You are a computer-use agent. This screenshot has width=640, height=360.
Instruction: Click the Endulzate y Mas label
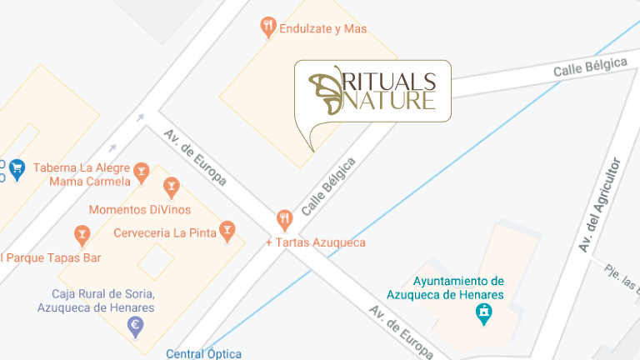click(x=323, y=28)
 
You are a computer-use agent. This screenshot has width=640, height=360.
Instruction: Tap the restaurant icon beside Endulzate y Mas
click(x=267, y=27)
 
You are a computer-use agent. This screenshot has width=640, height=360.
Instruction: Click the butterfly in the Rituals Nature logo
click(x=327, y=90)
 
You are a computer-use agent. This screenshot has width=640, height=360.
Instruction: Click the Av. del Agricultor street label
click(x=599, y=204)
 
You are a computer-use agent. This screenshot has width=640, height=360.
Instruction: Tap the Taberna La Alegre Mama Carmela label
click(x=82, y=174)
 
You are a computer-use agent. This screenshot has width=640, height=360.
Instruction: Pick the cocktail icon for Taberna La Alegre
click(x=142, y=172)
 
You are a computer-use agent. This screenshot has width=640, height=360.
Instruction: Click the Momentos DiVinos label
click(x=139, y=209)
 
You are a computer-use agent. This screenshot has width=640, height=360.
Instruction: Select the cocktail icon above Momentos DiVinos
click(x=171, y=187)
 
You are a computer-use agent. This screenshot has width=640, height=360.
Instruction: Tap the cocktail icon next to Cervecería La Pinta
click(x=227, y=230)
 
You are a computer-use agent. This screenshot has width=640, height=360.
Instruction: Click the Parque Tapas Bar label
click(x=52, y=257)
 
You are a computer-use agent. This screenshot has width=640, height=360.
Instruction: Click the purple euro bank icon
click(x=135, y=327)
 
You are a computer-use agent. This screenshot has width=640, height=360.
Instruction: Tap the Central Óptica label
click(x=203, y=353)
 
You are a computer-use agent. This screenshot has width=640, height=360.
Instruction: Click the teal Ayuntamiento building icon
click(x=482, y=314)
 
